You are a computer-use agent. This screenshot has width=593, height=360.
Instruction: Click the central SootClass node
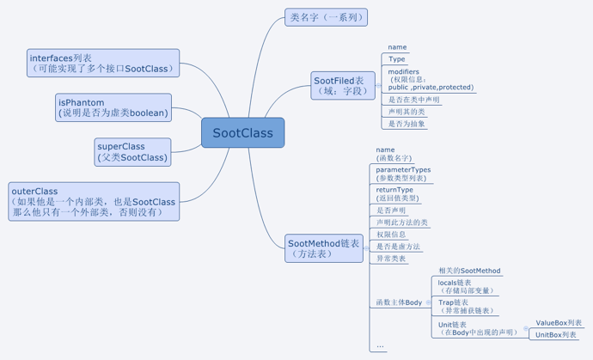tap(242, 133)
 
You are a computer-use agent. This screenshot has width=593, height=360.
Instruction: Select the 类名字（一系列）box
tap(326, 17)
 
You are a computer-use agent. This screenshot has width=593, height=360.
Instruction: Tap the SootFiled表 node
tap(343, 85)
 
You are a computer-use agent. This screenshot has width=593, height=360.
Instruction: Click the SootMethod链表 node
tap(323, 249)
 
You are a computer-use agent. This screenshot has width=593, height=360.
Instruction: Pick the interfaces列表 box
tap(103, 63)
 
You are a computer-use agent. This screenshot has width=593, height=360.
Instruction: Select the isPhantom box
tap(113, 107)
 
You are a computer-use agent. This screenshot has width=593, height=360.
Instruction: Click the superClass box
tap(132, 152)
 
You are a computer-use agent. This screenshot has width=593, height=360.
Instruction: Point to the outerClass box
tap(94, 202)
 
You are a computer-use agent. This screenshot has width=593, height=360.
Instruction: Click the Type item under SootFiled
tap(397, 59)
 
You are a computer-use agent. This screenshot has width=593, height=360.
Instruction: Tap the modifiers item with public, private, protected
tap(430, 80)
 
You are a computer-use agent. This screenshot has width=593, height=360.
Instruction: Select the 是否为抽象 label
tap(407, 124)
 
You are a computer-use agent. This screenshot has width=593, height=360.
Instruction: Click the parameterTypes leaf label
tap(403, 174)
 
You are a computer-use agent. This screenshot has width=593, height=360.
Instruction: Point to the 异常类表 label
tap(391, 258)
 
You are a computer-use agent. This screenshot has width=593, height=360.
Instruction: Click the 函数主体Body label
tap(399, 302)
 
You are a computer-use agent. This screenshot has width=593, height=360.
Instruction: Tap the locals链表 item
tap(464, 286)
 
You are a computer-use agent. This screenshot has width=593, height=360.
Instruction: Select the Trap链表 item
tap(466, 307)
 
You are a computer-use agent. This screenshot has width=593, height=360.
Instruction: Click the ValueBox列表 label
tap(559, 323)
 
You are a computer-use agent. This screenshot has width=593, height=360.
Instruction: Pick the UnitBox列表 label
tap(556, 334)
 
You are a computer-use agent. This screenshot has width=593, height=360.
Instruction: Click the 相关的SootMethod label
tap(469, 271)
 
